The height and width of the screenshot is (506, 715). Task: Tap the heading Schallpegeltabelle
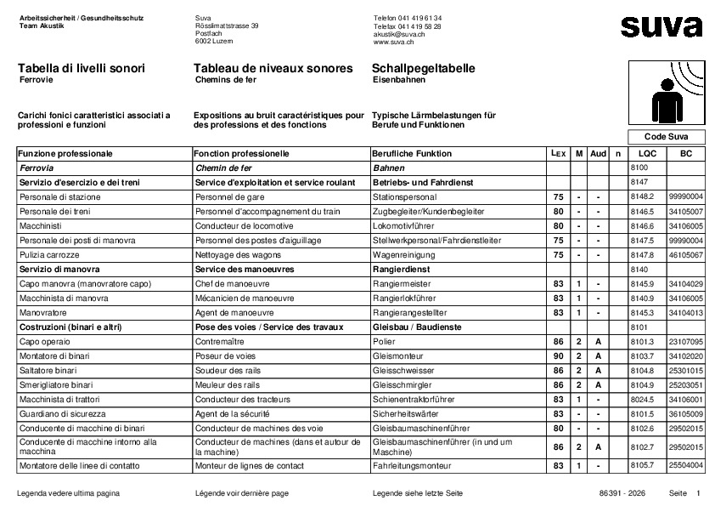(x=424, y=68)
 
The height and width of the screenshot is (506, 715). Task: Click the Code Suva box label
(x=666, y=137)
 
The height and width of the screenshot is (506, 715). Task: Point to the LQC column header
(x=647, y=154)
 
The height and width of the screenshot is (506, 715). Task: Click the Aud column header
(x=598, y=154)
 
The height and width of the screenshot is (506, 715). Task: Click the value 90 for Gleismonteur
(x=558, y=355)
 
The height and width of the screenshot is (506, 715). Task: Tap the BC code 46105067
(x=686, y=255)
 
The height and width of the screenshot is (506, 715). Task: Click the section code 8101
(x=639, y=327)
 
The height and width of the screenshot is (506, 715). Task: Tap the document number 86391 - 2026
(x=622, y=493)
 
